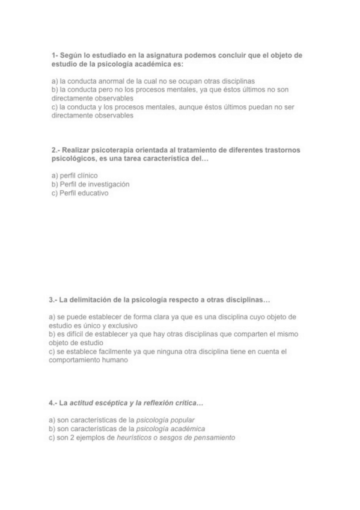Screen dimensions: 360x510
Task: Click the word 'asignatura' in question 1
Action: (x=155, y=55)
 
